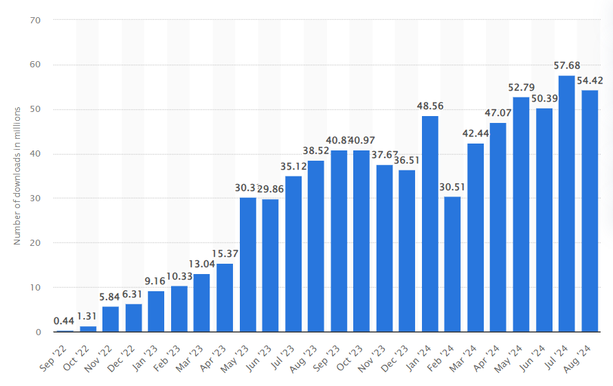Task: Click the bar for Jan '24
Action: point(430,224)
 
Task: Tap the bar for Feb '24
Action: point(453,264)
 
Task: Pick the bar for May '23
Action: point(247,264)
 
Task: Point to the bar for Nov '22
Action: point(111,319)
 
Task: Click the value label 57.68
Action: point(567,65)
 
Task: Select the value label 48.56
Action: point(430,106)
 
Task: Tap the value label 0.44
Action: point(65,321)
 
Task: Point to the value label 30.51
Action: point(453,187)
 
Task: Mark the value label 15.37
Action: point(225,253)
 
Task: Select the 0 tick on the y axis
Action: point(38,332)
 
